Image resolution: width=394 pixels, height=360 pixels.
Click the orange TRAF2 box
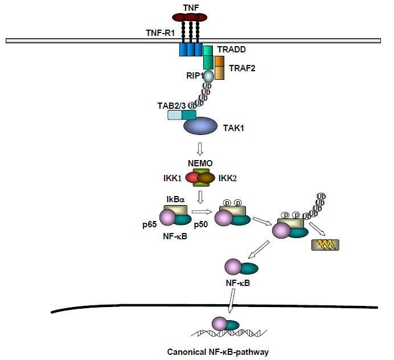[219, 68]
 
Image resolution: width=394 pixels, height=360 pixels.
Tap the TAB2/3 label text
[171, 105]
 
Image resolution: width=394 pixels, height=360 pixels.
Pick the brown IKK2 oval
[206, 179]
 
